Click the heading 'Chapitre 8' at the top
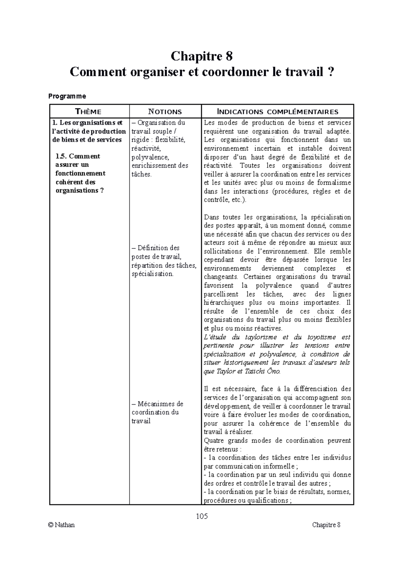point(201,56)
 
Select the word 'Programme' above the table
point(67,96)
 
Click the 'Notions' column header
point(165,111)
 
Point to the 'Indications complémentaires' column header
point(277,111)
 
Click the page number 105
point(202,516)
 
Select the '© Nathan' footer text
point(61,525)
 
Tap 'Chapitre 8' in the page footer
point(326,525)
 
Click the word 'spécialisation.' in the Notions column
point(152,274)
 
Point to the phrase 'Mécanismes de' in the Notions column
point(158,404)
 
